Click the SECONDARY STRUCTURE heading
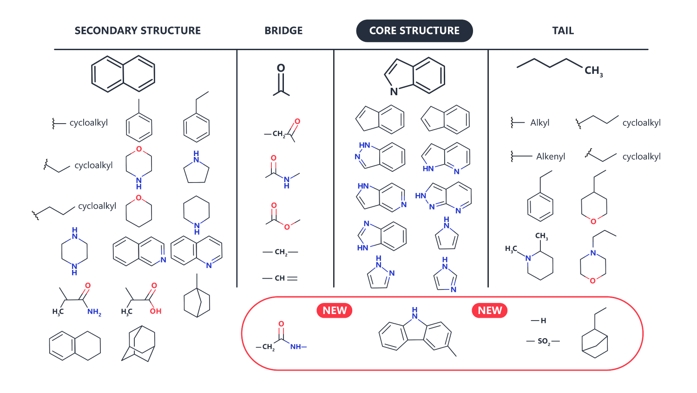click(138, 31)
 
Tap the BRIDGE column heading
click(283, 31)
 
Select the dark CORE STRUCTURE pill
click(414, 31)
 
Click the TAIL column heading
click(563, 31)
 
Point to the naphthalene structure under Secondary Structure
click(123, 74)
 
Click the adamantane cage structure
click(138, 343)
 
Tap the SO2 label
click(543, 341)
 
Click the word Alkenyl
click(551, 156)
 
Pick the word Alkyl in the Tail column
click(540, 123)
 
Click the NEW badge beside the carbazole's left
click(334, 310)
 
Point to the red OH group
click(156, 311)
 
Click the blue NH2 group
click(94, 312)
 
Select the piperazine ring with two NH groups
click(74, 251)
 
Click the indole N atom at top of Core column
click(394, 92)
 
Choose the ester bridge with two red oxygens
click(283, 216)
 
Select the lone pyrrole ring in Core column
click(447, 233)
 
